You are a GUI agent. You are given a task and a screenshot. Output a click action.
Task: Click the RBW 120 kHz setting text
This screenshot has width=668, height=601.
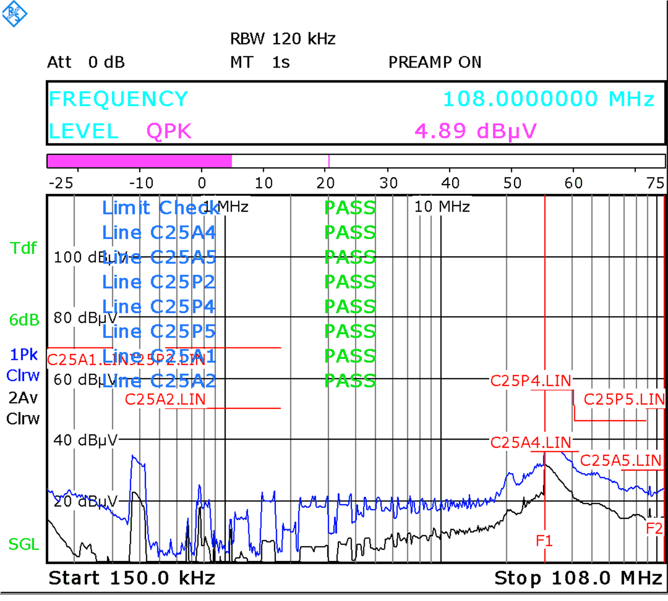click(283, 39)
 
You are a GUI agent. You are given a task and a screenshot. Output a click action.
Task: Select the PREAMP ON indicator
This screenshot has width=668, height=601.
click(435, 62)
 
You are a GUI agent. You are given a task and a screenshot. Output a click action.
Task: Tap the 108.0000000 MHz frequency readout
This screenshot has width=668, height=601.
click(549, 99)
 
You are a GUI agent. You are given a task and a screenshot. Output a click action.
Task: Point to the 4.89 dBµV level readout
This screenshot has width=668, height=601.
click(476, 131)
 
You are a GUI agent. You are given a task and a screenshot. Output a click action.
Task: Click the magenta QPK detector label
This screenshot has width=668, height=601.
click(169, 131)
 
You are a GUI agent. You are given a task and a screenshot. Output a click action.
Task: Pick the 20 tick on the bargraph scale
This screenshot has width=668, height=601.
click(326, 183)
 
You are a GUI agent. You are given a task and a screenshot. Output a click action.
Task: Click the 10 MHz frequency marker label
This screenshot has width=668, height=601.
click(442, 207)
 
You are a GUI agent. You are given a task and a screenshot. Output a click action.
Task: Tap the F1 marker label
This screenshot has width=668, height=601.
click(544, 540)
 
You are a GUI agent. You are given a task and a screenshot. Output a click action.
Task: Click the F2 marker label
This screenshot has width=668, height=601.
click(654, 528)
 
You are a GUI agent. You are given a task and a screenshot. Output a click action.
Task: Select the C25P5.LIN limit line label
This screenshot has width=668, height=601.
click(624, 399)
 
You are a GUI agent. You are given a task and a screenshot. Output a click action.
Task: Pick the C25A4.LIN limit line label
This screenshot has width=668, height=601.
click(530, 442)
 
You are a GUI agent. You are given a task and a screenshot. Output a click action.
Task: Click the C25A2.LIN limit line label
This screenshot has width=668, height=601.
click(165, 399)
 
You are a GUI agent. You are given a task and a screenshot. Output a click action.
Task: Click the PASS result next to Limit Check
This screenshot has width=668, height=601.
click(350, 208)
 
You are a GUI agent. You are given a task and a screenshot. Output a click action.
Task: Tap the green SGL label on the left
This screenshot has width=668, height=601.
click(24, 544)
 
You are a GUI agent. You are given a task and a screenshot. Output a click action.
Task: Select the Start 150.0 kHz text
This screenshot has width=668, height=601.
click(132, 578)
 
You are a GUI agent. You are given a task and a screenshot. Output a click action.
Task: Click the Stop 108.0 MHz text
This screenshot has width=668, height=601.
click(578, 578)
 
